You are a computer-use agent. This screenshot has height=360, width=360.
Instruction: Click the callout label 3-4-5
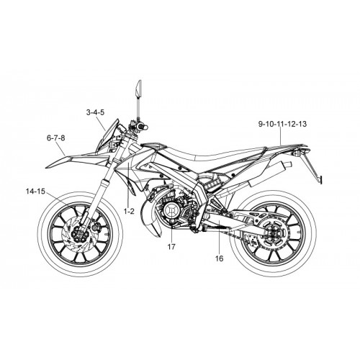click(x=95, y=112)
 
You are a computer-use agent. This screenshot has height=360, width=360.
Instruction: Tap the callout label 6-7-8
click(x=56, y=138)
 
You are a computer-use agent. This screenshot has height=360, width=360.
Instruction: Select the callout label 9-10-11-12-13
click(x=282, y=124)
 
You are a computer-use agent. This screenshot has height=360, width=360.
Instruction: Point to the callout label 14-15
click(x=35, y=192)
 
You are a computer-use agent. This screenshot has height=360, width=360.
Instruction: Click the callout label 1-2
click(x=129, y=211)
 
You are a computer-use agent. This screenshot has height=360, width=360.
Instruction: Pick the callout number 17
click(x=171, y=246)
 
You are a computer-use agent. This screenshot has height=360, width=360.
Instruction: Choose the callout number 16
click(x=220, y=258)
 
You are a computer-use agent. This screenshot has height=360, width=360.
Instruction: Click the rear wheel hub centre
click(x=274, y=233)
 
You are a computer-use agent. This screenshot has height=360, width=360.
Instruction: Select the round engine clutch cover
click(x=171, y=210)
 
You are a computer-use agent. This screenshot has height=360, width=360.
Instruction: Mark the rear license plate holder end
click(x=320, y=179)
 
